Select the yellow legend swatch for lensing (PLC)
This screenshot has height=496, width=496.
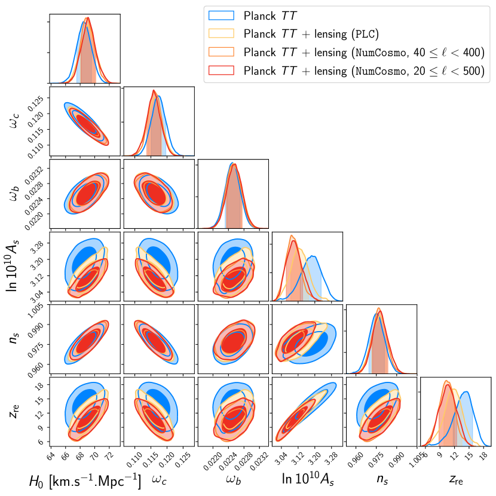click(222, 33)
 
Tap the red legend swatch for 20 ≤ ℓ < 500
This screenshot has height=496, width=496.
click(222, 71)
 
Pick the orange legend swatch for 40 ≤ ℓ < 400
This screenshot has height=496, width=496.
click(222, 52)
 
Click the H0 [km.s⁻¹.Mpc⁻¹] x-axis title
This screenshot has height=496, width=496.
click(85, 481)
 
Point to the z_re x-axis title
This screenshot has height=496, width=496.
click(456, 480)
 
